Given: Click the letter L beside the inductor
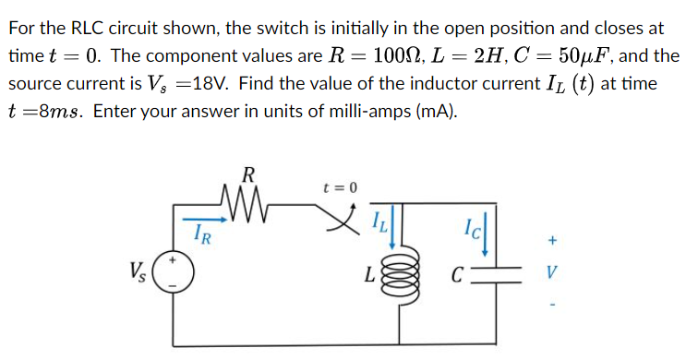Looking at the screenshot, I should click(369, 275).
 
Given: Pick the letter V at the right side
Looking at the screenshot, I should click(551, 273).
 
